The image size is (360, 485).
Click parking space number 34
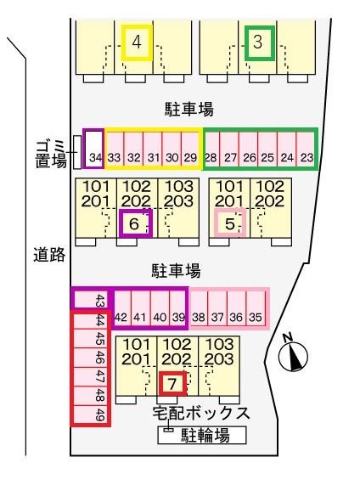click(x=94, y=149)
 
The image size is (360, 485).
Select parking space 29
click(x=191, y=149)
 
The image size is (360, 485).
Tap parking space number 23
click(x=307, y=149)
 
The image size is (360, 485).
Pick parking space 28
click(x=211, y=149)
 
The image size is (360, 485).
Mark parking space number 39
click(x=177, y=308)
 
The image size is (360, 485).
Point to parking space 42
click(x=121, y=308)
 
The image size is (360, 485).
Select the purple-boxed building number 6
click(x=135, y=223)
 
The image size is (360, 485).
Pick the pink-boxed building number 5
click(x=228, y=223)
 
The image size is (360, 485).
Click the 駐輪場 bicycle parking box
click(x=202, y=436)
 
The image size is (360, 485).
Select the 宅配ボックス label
click(x=201, y=415)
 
